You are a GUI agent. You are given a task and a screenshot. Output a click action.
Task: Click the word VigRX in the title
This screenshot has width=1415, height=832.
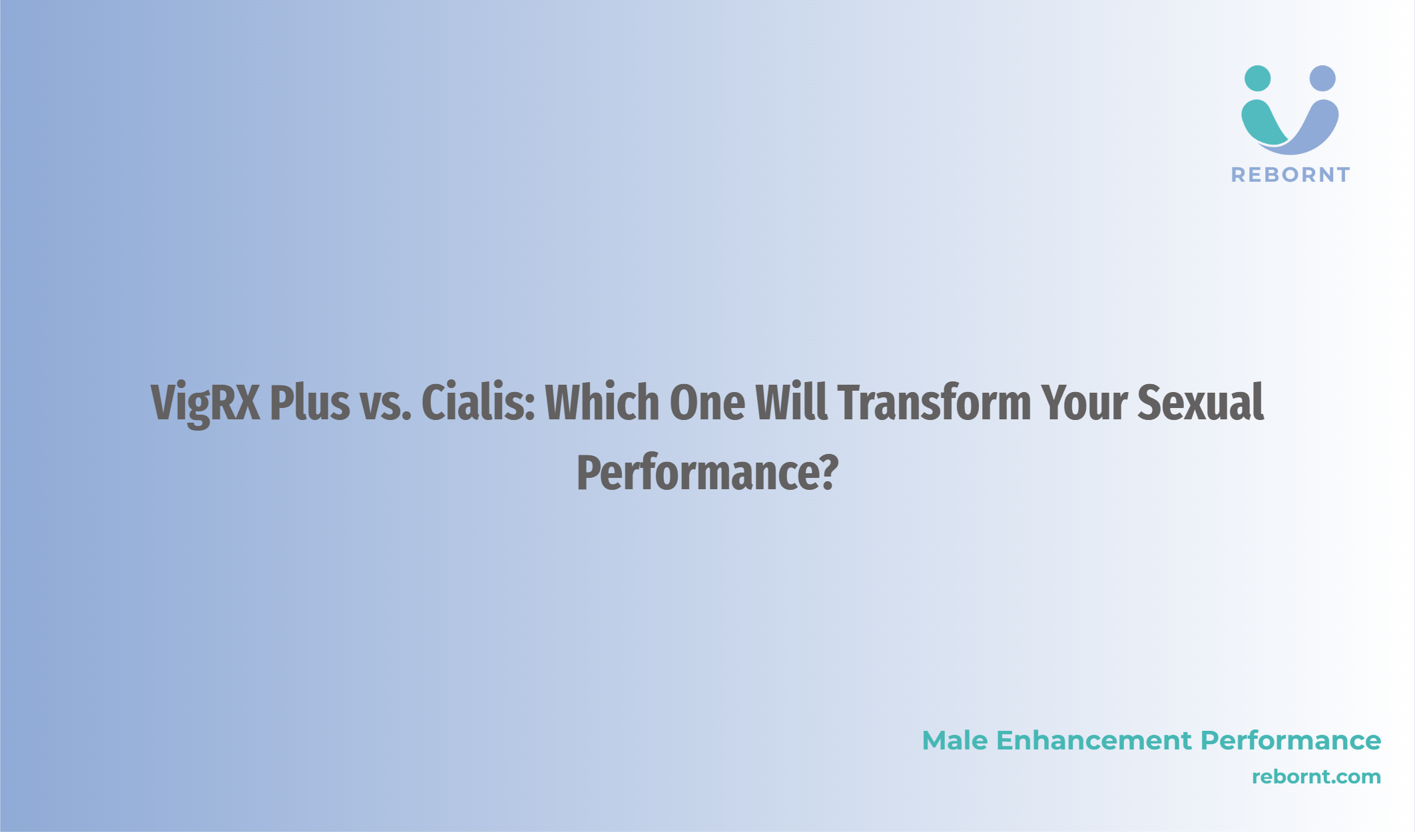click(x=206, y=403)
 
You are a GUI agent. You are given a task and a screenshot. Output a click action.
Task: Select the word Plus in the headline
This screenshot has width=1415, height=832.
click(x=310, y=402)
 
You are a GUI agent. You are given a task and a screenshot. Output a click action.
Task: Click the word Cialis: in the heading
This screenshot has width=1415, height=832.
click(x=478, y=402)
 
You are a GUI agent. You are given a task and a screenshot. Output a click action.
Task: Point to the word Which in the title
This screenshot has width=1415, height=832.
click(x=603, y=402)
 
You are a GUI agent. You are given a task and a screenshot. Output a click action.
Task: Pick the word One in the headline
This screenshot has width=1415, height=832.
click(x=707, y=403)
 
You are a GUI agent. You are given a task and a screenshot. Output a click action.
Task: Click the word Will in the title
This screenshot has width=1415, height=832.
click(x=792, y=402)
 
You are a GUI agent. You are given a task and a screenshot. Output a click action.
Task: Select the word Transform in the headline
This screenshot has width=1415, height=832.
click(x=935, y=402)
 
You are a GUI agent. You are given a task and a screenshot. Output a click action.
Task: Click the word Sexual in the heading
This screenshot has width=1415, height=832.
click(x=1201, y=402)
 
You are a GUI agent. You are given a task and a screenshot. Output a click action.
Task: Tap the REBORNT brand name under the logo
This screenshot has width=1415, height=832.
click(x=1290, y=175)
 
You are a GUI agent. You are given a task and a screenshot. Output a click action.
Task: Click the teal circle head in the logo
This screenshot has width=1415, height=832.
click(x=1257, y=79)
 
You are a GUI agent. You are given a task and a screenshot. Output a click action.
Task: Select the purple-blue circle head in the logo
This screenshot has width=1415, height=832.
click(x=1322, y=79)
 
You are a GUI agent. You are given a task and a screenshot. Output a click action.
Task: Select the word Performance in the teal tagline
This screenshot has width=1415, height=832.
click(x=1290, y=741)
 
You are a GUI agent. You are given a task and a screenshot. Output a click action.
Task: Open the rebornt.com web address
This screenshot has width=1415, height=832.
click(x=1316, y=777)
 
